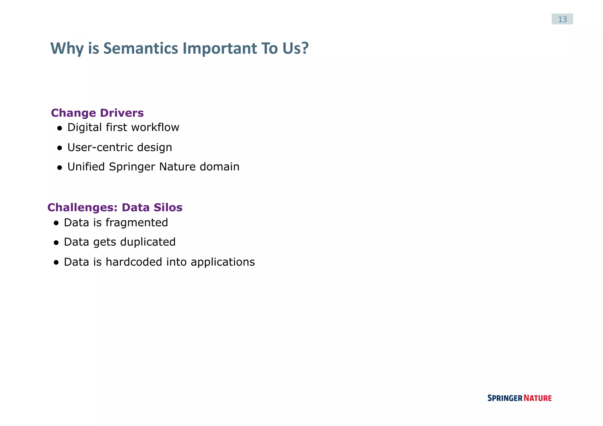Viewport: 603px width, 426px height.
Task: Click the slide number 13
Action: click(562, 19)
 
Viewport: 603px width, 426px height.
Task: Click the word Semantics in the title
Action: click(140, 48)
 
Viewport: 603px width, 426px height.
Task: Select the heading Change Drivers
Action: click(97, 113)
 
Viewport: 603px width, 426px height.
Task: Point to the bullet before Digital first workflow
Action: click(60, 128)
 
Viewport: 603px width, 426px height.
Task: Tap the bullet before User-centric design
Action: click(60, 148)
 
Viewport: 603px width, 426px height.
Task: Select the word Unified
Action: click(86, 167)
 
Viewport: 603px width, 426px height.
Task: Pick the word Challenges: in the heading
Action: click(82, 208)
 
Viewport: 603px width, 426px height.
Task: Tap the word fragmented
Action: click(137, 223)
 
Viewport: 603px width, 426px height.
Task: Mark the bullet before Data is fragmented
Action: click(56, 223)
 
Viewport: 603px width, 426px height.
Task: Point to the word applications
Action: click(223, 262)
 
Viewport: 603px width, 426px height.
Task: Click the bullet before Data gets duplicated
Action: click(56, 243)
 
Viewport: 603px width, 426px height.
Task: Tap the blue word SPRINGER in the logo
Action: click(505, 398)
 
